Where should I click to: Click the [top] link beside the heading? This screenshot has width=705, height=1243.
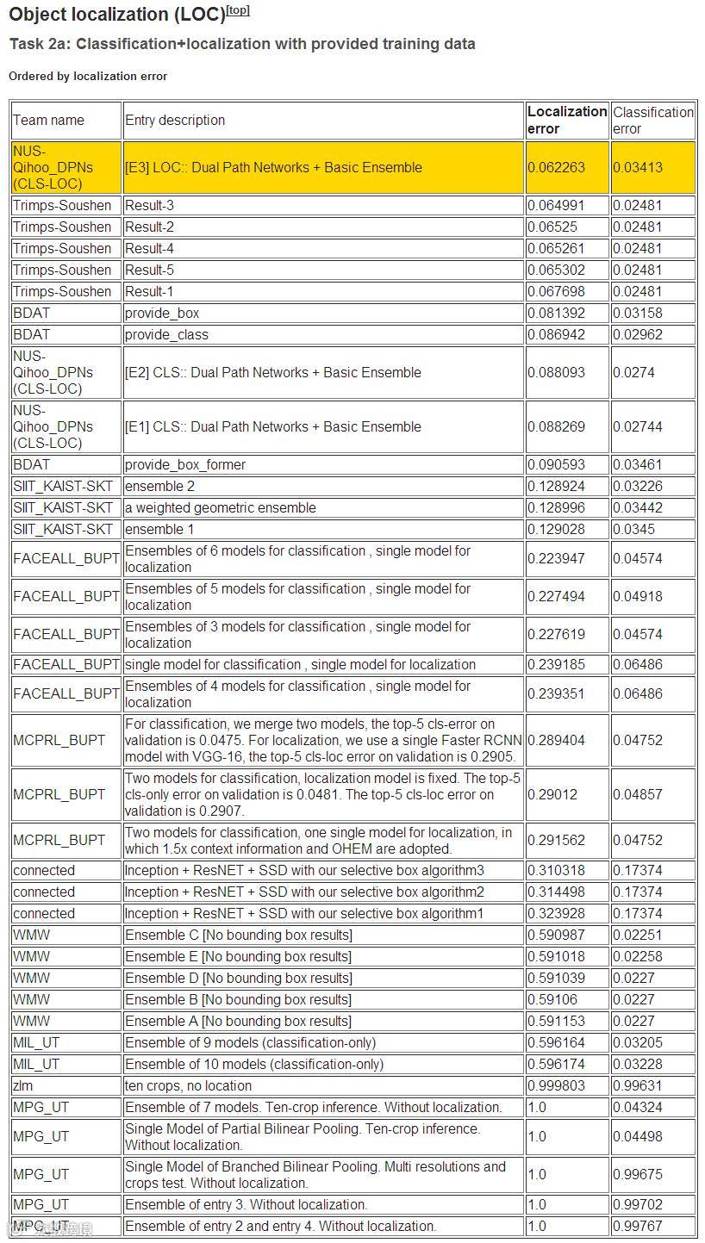(238, 10)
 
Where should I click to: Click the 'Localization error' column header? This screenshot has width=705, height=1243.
(566, 120)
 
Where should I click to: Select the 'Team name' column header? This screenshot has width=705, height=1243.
(48, 121)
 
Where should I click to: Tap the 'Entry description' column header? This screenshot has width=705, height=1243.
(175, 121)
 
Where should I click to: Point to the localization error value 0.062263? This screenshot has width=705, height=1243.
(556, 167)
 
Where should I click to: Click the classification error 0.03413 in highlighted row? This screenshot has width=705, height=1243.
(638, 167)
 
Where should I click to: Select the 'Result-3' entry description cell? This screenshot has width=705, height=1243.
(149, 206)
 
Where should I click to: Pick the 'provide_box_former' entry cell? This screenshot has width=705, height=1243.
(185, 465)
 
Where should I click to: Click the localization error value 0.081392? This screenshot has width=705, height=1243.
(556, 314)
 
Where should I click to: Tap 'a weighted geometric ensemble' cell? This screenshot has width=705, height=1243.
(221, 508)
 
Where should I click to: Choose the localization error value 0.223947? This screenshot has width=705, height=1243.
(556, 559)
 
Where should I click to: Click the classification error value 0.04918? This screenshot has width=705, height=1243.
(638, 597)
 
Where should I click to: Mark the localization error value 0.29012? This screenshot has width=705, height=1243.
(552, 794)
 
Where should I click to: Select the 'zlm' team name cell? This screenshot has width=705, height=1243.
(23, 1086)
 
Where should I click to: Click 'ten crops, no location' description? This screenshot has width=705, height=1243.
(189, 1086)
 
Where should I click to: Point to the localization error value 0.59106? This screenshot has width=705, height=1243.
(552, 1000)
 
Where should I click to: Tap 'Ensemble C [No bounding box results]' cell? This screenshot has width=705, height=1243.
(239, 935)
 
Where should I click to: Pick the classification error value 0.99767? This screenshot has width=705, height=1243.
(638, 1227)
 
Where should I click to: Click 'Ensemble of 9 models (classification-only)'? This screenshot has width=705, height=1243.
(251, 1043)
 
